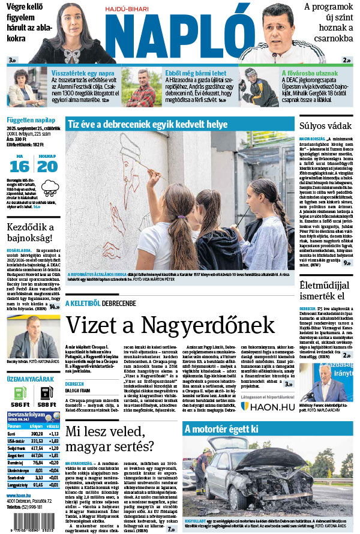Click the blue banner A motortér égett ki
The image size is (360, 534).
221,429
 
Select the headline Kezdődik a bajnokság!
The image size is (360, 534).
31,233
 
